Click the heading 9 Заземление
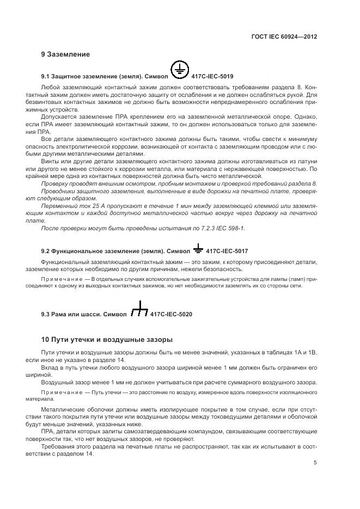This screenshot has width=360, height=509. click(x=65, y=54)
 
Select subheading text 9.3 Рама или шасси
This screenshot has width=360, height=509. click(x=71, y=315)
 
